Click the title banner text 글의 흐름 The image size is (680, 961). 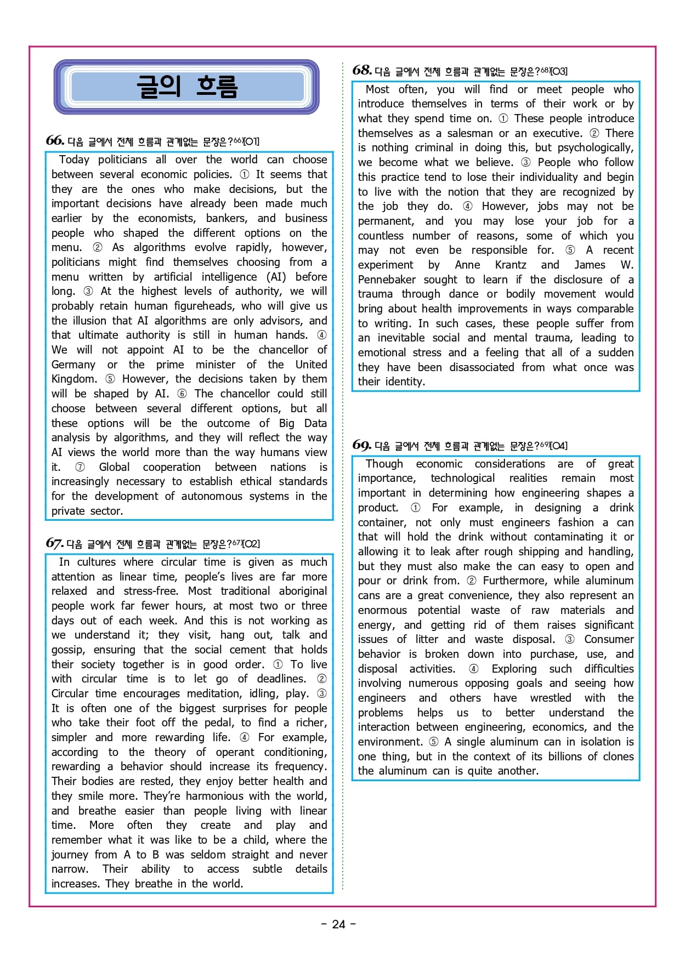(x=186, y=87)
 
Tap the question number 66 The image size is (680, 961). (x=55, y=140)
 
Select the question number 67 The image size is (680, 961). (x=55, y=543)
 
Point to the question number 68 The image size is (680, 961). (x=362, y=70)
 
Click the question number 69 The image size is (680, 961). (x=362, y=445)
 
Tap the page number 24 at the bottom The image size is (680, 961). (x=339, y=924)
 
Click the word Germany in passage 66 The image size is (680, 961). (x=73, y=365)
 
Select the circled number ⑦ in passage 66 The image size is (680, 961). (x=80, y=467)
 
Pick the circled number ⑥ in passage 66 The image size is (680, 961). (x=182, y=394)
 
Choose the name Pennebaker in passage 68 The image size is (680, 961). (x=387, y=280)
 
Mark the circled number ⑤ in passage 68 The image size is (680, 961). (x=570, y=250)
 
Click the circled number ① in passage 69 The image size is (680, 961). (x=416, y=508)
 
